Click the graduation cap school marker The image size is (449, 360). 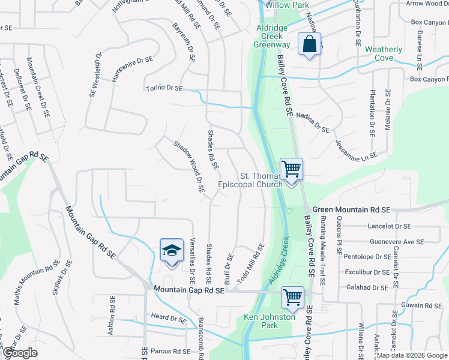172,251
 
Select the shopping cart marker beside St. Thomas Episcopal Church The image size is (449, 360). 292,169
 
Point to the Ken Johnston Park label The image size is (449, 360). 270,321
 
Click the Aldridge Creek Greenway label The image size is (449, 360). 272,36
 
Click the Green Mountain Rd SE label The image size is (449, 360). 352,209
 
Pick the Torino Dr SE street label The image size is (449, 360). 164,88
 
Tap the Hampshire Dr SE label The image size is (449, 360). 133,70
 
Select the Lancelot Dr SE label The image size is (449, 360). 390,227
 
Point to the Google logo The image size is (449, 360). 19,353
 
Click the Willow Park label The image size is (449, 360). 288,5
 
